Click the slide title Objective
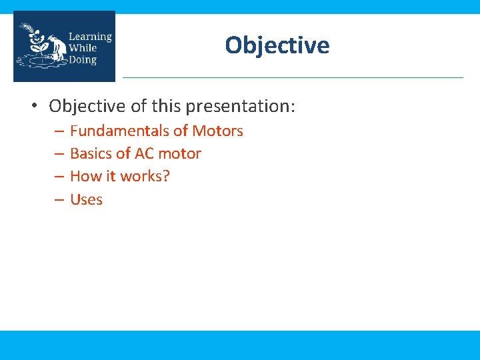click(x=277, y=45)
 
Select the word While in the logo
click(x=83, y=48)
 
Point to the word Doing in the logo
click(x=83, y=60)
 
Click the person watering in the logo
click(x=58, y=47)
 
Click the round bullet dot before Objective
click(x=34, y=106)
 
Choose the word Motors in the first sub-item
click(x=218, y=131)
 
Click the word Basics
click(x=91, y=154)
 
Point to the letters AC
click(x=144, y=154)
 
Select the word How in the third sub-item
click(x=85, y=177)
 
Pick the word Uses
click(x=86, y=199)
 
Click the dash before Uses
click(x=59, y=200)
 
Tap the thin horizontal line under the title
click(x=293, y=77)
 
